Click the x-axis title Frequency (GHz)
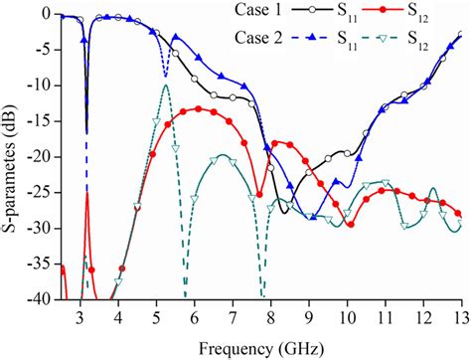[260, 349]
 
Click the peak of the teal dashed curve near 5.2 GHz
[165, 86]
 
